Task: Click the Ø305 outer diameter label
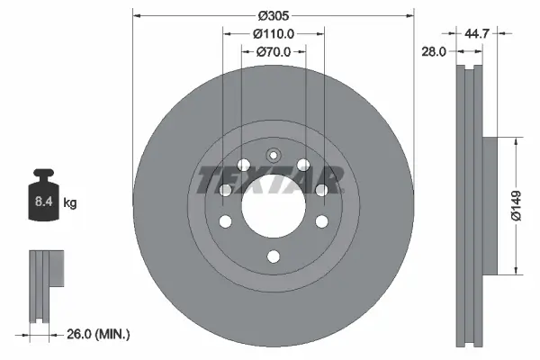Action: pyautogui.click(x=273, y=16)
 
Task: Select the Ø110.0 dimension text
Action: pyautogui.click(x=273, y=34)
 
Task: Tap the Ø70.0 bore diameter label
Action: pyautogui.click(x=273, y=52)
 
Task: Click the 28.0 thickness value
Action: pyautogui.click(x=435, y=52)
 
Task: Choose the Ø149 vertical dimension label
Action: pyautogui.click(x=530, y=205)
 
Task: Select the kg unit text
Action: pyautogui.click(x=69, y=203)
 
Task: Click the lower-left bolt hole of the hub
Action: pyautogui.click(x=225, y=221)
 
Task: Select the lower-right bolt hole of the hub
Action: pyautogui.click(x=320, y=221)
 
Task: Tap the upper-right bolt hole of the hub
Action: pyautogui.click(x=303, y=165)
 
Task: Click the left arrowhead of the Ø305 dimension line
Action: pyautogui.click(x=137, y=16)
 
